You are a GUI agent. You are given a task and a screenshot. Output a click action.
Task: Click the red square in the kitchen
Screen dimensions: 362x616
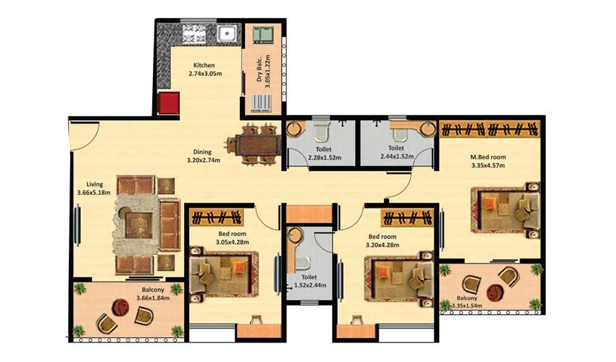(169, 103)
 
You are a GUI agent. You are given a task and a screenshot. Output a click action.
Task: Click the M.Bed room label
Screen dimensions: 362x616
(487, 161)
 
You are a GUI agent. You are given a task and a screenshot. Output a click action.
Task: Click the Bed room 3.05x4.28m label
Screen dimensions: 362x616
(233, 238)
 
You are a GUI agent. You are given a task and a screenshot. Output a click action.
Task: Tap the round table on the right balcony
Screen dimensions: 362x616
(495, 291)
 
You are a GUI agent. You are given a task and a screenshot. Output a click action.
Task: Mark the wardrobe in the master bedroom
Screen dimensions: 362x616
(490, 129)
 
